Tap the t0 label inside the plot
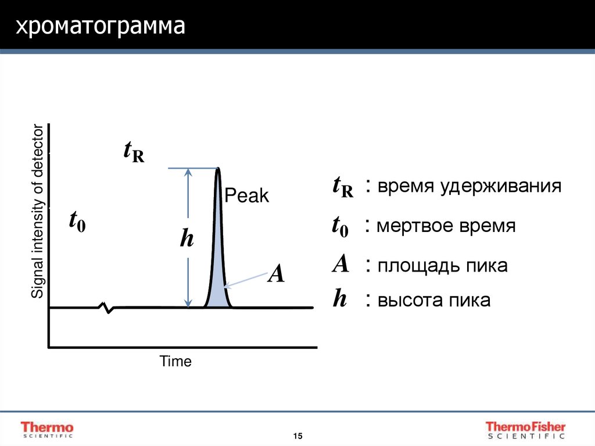point(77,222)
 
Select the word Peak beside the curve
point(247,196)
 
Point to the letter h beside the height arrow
point(187,238)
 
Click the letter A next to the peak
point(275,273)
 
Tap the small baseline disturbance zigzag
point(107,307)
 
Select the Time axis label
point(175,362)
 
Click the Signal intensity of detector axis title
point(37,212)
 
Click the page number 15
point(297,436)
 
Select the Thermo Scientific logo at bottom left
point(48,429)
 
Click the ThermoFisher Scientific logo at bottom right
point(525,429)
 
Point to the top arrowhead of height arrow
point(188,172)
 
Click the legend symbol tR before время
point(343,187)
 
